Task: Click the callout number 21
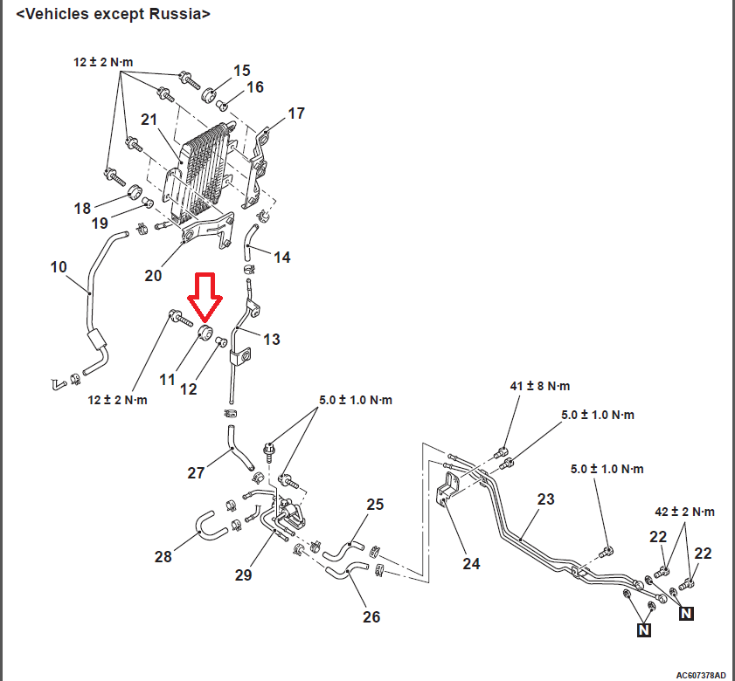[x=149, y=120]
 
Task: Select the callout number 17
[x=296, y=113]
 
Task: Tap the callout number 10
[x=59, y=266]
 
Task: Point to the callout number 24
[x=471, y=564]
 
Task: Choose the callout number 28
[x=163, y=557]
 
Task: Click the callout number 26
[x=371, y=616]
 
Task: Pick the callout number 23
[x=546, y=499]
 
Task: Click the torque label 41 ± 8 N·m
[x=539, y=385]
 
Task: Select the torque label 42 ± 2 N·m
[x=684, y=512]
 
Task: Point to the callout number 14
[x=281, y=258]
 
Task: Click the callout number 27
[x=196, y=472]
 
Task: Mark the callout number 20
[x=153, y=275]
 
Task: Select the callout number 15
[x=241, y=70]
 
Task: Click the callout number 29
[x=243, y=574]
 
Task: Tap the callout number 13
[x=272, y=339]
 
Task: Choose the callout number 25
[x=375, y=505]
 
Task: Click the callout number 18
[x=82, y=208]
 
